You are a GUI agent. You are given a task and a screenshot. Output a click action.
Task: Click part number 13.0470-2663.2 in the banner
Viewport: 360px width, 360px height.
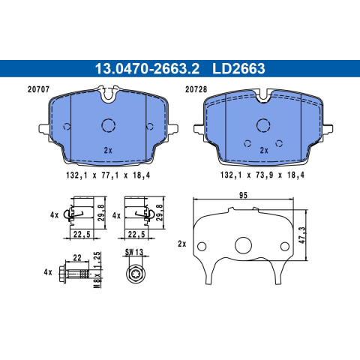point(147,68)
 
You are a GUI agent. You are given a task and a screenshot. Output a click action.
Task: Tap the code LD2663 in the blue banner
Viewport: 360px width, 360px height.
point(238,68)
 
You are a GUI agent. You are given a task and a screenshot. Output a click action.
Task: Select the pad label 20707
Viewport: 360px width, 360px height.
point(38,89)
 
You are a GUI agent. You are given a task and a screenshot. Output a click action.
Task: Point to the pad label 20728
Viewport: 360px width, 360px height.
point(196,89)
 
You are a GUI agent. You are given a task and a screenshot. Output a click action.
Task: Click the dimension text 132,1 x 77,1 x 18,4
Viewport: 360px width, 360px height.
point(108,175)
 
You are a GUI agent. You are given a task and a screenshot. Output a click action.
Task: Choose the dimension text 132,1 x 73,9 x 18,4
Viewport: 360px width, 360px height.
point(262,175)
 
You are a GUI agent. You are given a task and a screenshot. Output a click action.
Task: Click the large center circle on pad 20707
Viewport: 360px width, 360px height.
point(109,125)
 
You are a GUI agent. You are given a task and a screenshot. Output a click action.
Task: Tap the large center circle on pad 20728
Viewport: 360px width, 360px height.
point(263,125)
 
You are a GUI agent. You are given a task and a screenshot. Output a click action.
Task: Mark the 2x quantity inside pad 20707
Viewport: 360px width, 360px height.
point(108,151)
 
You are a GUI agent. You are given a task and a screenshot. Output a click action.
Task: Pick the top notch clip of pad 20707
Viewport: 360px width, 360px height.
point(109,94)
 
